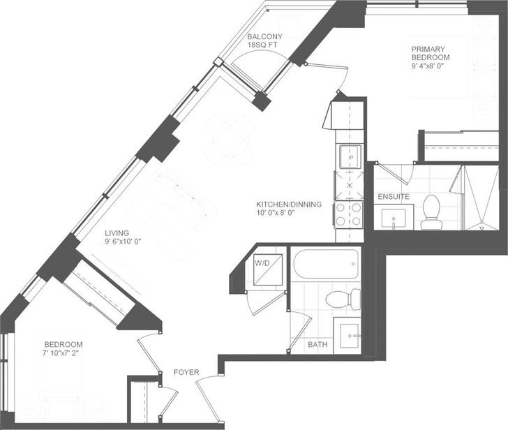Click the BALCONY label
coord(264,36)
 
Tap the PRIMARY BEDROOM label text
coord(431,53)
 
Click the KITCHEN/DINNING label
coord(289,205)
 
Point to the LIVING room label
coord(117,233)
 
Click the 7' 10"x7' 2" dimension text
coord(61,353)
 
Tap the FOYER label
coord(186,372)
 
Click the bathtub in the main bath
coord(326,263)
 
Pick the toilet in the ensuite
coord(431,212)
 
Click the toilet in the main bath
coord(343,299)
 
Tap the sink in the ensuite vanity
coord(394,218)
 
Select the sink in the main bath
coord(348,335)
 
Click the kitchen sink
coord(350,157)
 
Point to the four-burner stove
coord(349,214)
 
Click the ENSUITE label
coord(394,197)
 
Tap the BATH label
coord(317,344)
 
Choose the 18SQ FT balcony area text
coord(262,45)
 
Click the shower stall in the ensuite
coord(481,198)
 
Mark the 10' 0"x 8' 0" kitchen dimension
coord(275,213)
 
